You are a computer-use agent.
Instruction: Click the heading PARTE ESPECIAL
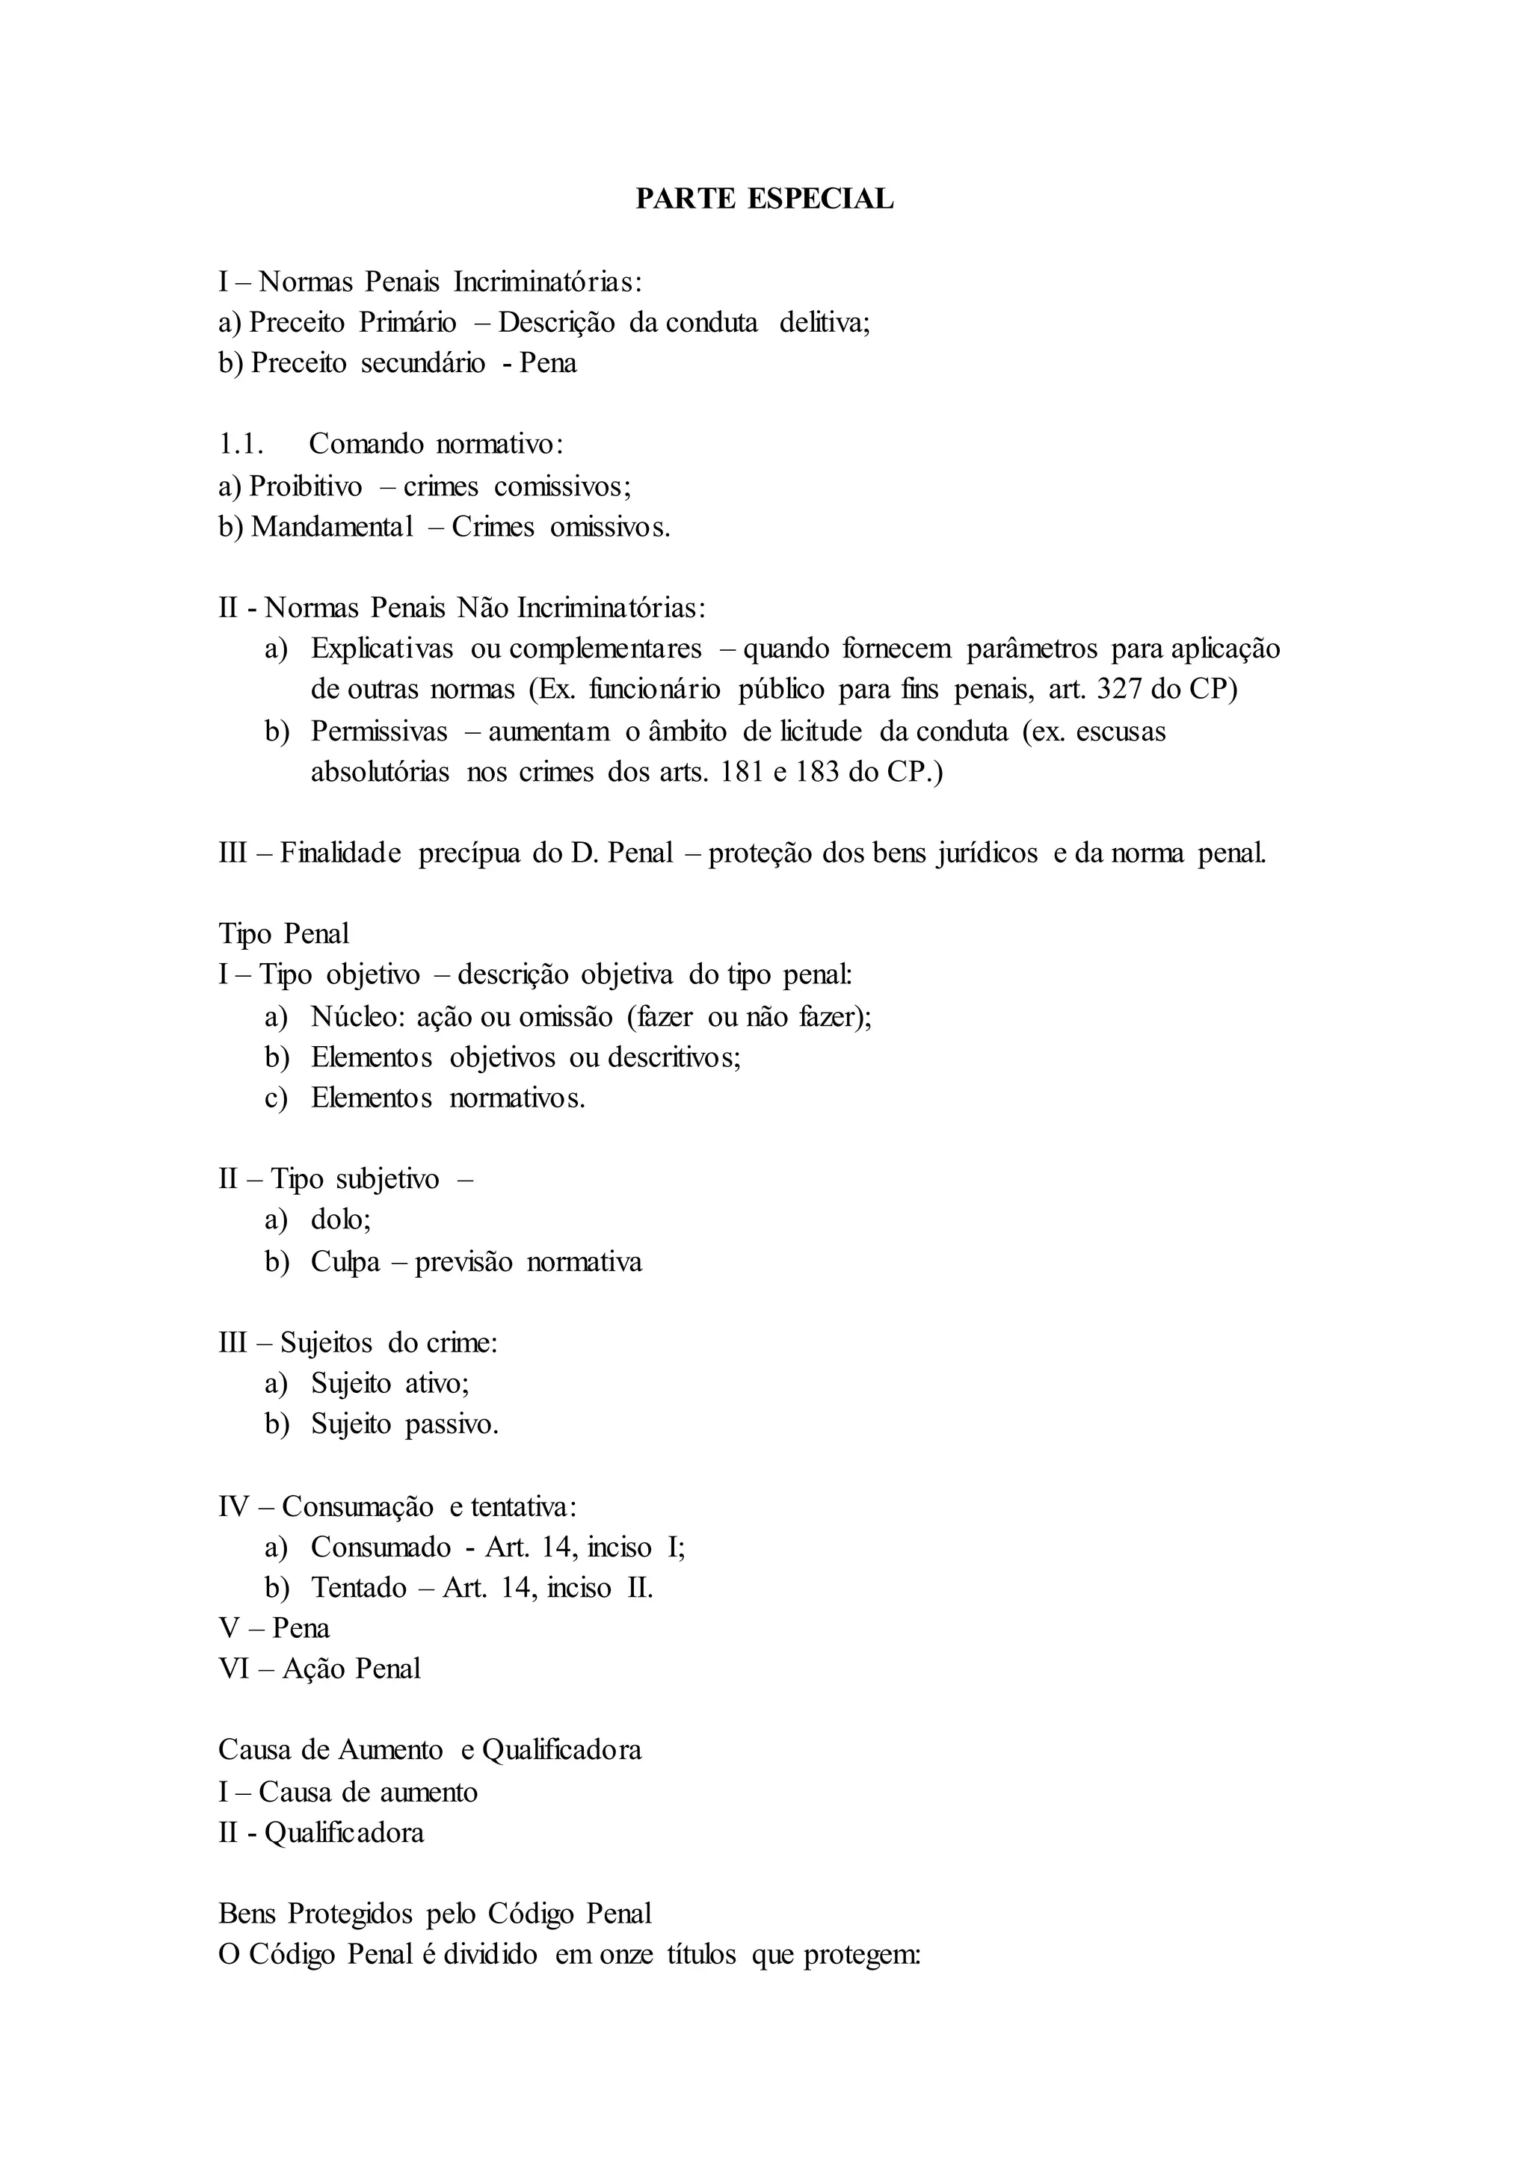(x=765, y=200)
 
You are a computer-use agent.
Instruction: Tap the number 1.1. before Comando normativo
(x=241, y=444)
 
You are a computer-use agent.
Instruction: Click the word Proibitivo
(x=306, y=486)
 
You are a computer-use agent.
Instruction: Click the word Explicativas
(x=382, y=649)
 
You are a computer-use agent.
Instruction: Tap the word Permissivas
(x=379, y=732)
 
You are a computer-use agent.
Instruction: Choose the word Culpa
(x=345, y=1262)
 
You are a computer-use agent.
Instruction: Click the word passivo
(x=451, y=1424)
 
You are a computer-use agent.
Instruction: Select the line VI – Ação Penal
(x=320, y=1669)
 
